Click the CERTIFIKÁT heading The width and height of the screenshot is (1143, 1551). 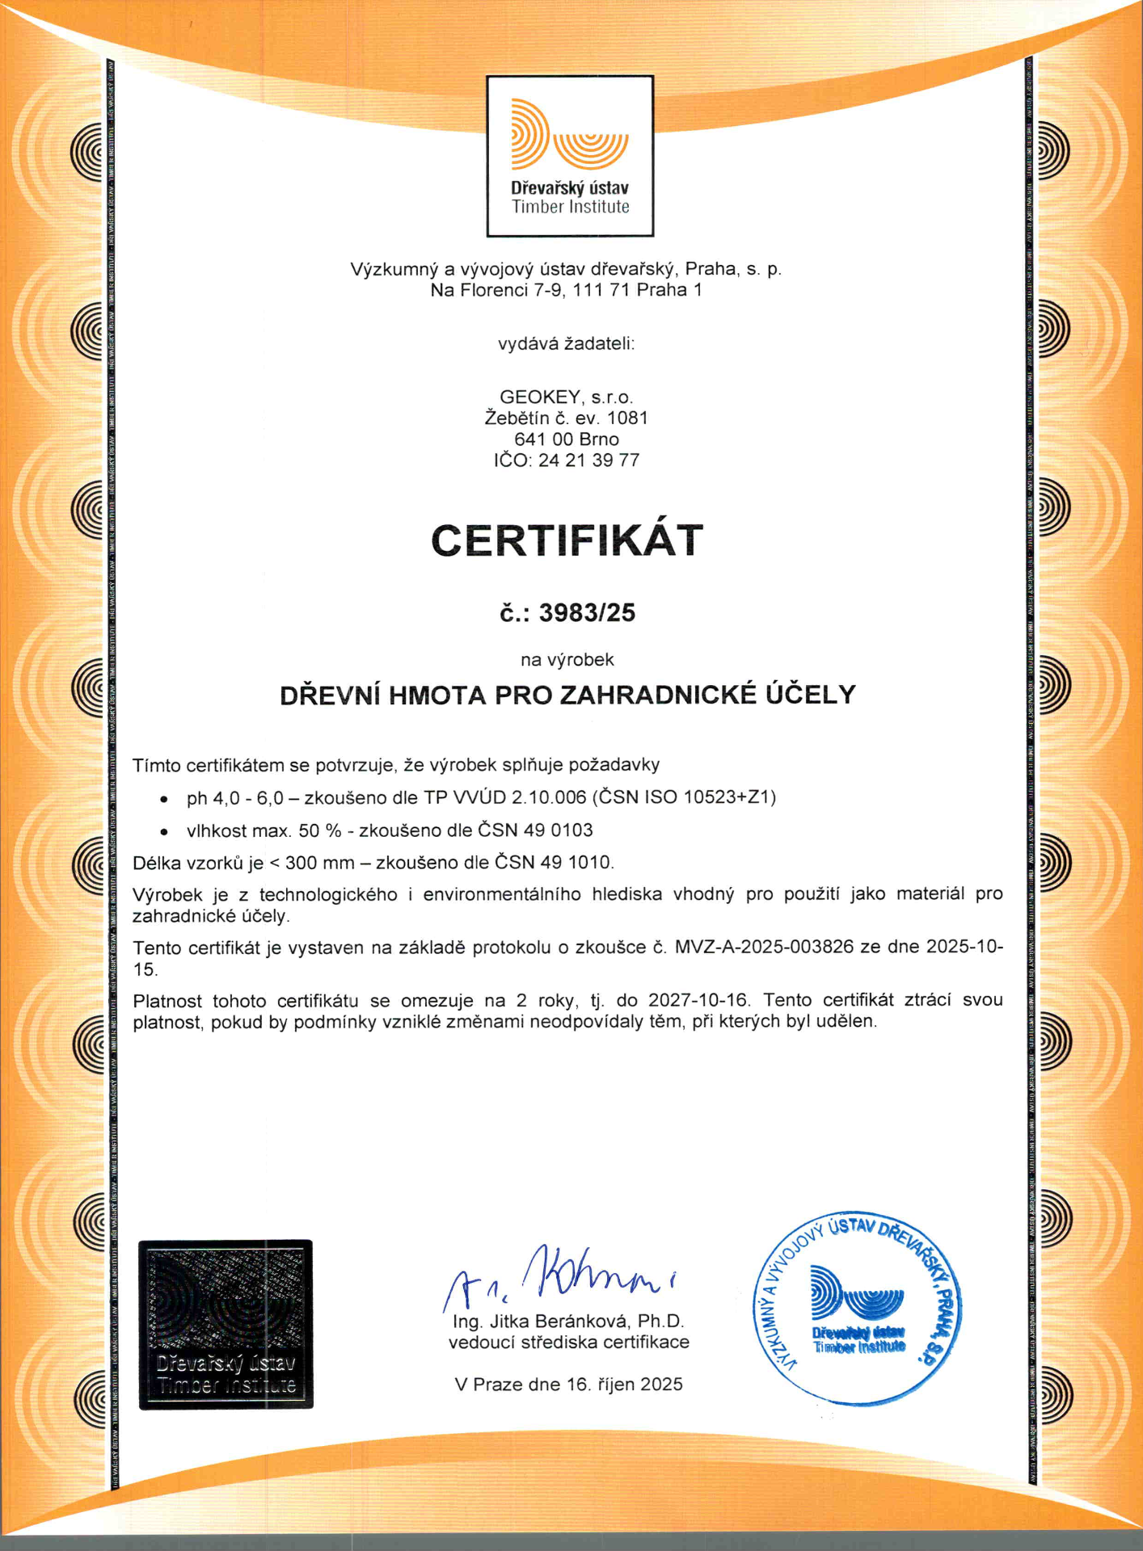(x=567, y=540)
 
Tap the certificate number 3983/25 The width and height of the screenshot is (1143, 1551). (x=587, y=613)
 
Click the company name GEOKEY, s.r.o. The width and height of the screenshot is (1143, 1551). (x=566, y=397)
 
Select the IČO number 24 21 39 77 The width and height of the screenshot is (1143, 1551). (x=588, y=460)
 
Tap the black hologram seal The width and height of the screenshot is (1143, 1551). (x=226, y=1325)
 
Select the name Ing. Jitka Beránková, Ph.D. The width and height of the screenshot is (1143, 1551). (x=568, y=1322)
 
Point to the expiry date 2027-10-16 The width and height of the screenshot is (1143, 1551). (x=699, y=1001)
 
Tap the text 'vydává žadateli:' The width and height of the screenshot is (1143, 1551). (x=566, y=344)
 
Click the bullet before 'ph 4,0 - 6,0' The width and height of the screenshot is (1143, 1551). (x=164, y=799)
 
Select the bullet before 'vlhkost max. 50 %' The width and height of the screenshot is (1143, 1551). (x=164, y=831)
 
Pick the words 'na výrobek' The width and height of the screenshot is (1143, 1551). (x=567, y=660)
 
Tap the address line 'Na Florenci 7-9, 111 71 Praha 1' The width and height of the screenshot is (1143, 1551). (x=566, y=290)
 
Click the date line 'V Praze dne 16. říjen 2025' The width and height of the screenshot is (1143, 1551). (x=568, y=1385)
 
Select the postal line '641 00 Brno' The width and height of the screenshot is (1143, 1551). (x=566, y=439)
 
